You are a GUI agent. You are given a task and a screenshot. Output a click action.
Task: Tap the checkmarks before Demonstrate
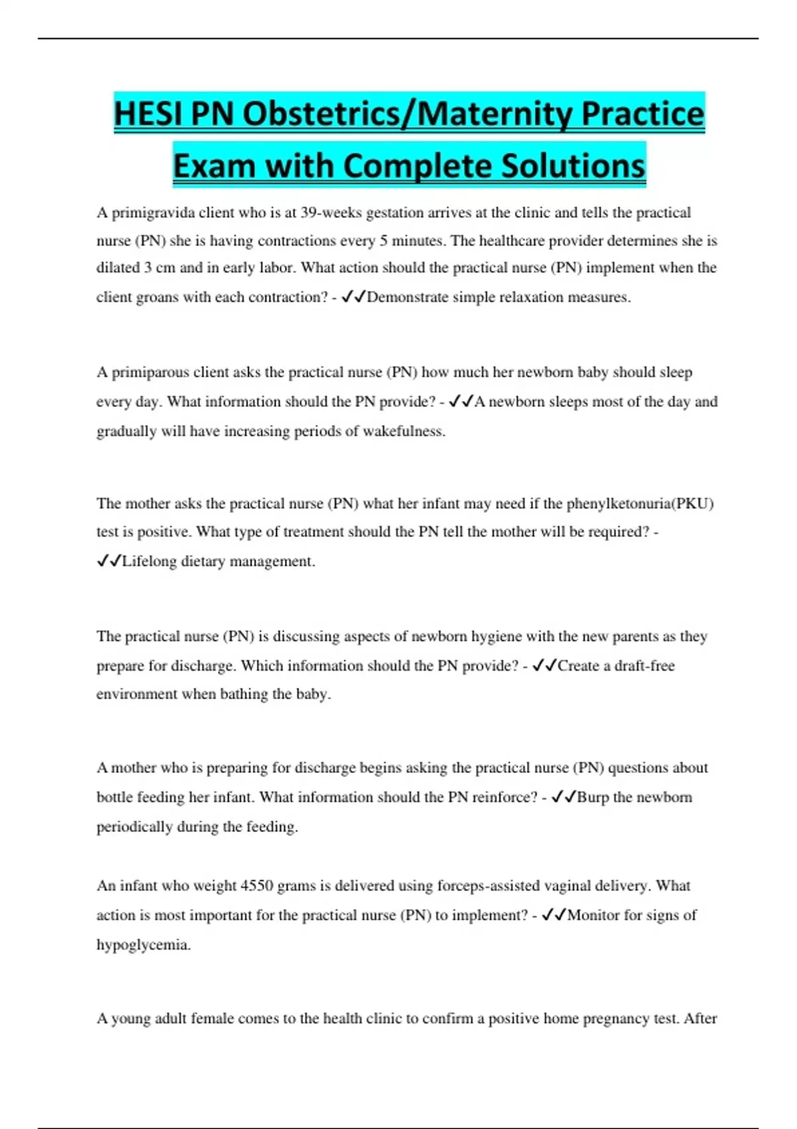pyautogui.click(x=353, y=298)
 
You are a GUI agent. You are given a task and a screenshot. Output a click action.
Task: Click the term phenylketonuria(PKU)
pyautogui.click(x=640, y=503)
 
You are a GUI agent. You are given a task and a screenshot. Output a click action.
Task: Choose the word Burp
pyautogui.click(x=592, y=797)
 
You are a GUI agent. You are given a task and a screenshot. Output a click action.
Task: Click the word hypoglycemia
pyautogui.click(x=143, y=945)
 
